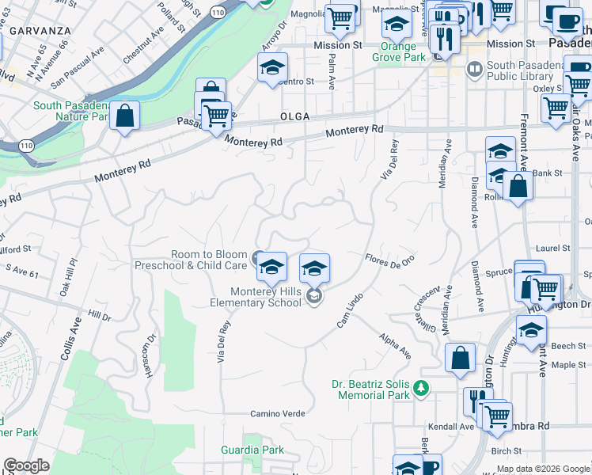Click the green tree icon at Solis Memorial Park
(x=422, y=387)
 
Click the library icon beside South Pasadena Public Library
(x=475, y=70)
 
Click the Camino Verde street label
(x=278, y=413)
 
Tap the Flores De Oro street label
(x=390, y=260)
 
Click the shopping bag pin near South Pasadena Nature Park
(x=125, y=116)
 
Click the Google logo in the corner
(x=27, y=465)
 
